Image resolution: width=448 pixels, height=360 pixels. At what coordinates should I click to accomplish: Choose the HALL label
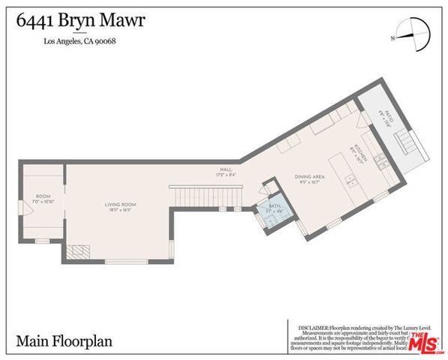tap(223, 172)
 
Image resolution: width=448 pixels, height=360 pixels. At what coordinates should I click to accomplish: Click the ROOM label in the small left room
tap(42, 198)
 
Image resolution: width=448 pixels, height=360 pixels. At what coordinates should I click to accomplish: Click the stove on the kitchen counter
tap(380, 160)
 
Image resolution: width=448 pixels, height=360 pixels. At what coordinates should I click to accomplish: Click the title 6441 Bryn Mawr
tap(82, 19)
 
